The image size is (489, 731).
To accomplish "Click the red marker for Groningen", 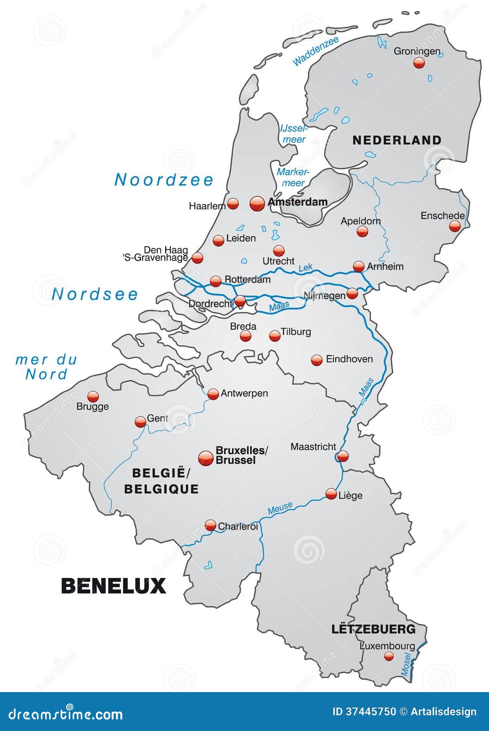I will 419,63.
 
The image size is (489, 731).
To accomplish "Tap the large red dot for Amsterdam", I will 257,203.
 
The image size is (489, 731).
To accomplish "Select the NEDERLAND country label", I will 396,140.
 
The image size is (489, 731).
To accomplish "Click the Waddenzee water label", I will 315,52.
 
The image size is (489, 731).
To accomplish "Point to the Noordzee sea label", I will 164,180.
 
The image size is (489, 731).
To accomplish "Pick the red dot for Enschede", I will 454,226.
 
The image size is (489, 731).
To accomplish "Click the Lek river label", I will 305,268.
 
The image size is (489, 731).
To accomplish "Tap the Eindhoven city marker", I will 317,360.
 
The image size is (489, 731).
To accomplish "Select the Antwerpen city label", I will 244,393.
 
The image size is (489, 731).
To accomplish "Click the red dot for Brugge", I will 93,396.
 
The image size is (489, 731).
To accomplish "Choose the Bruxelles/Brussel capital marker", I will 206,458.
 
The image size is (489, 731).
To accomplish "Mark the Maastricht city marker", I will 343,456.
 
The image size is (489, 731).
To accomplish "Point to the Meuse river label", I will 280,509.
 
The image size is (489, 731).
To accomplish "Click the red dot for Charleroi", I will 211,526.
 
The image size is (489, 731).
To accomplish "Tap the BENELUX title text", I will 114,586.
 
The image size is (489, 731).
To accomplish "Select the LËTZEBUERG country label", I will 373,629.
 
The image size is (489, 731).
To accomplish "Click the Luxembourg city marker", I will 389,656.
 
